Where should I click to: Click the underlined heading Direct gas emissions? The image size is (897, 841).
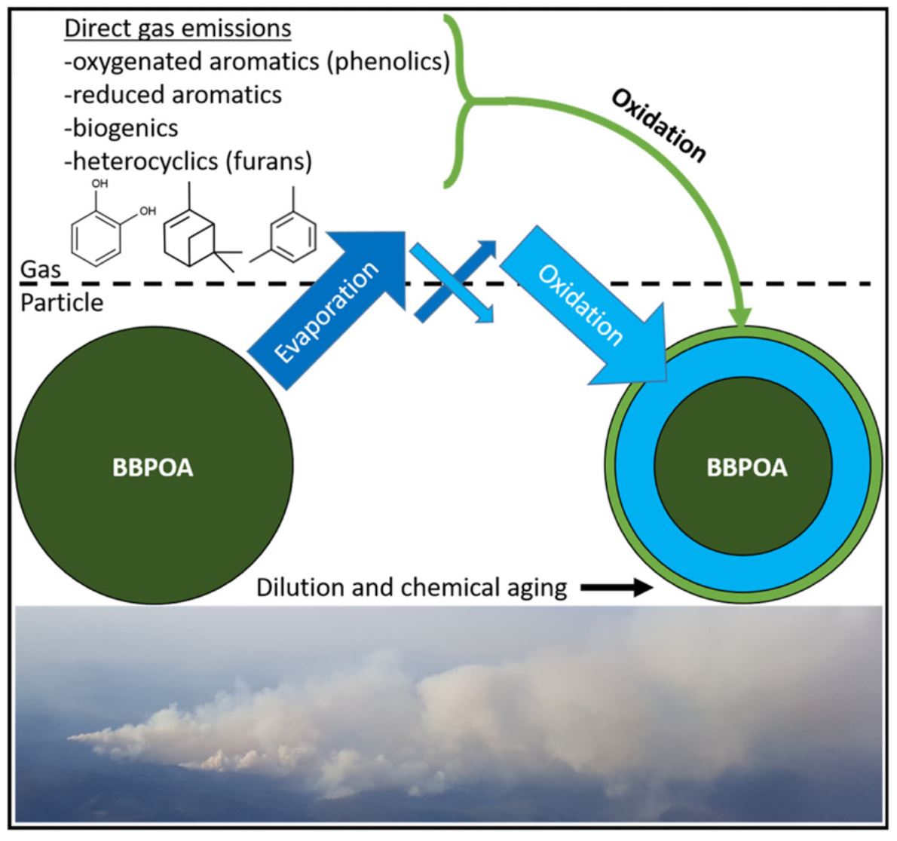click(x=178, y=29)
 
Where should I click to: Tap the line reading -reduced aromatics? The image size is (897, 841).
click(x=173, y=94)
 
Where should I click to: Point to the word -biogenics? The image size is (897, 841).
click(x=121, y=127)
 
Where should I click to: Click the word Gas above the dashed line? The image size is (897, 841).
click(x=40, y=269)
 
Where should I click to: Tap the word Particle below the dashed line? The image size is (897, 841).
click(x=62, y=303)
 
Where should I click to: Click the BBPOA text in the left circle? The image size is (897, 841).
click(x=153, y=468)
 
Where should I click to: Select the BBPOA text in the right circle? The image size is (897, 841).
click(x=746, y=467)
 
